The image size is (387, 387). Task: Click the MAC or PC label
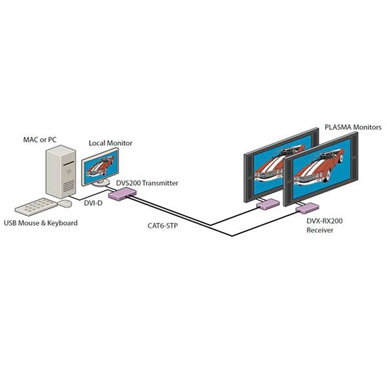(x=40, y=140)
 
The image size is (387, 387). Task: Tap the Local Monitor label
(x=110, y=143)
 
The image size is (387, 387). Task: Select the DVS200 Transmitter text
(x=147, y=183)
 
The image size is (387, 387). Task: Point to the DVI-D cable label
(x=93, y=203)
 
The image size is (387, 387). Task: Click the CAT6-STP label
(x=163, y=226)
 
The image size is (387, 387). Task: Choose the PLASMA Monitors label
(x=353, y=127)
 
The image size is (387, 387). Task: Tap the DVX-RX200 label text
(x=324, y=221)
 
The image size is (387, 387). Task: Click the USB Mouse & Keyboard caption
(x=41, y=223)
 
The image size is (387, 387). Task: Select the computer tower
(x=61, y=172)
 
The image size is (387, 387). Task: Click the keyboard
(x=35, y=207)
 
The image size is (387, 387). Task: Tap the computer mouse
(x=65, y=204)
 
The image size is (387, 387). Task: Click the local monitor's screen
(x=101, y=167)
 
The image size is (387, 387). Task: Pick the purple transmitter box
(x=123, y=193)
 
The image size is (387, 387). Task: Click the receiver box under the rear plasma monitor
(x=268, y=204)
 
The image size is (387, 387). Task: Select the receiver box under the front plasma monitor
(x=307, y=208)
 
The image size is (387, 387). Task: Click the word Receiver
(x=320, y=230)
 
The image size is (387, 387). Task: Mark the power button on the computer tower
(x=69, y=171)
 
